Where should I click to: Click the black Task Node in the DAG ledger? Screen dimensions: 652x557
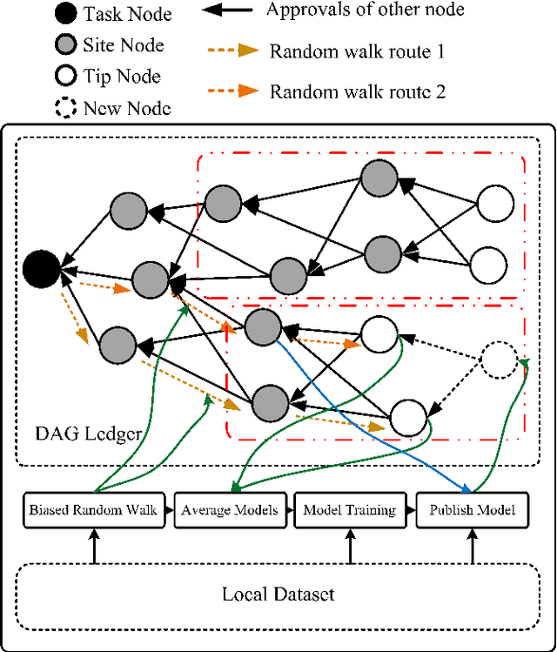point(42,267)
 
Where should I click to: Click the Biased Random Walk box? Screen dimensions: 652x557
point(93,509)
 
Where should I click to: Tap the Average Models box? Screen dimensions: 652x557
point(230,509)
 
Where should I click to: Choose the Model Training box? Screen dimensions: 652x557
point(349,509)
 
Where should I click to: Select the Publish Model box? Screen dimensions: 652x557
point(472,509)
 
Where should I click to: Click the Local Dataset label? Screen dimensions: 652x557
point(278,595)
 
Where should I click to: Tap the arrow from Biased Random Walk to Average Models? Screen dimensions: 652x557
point(169,509)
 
